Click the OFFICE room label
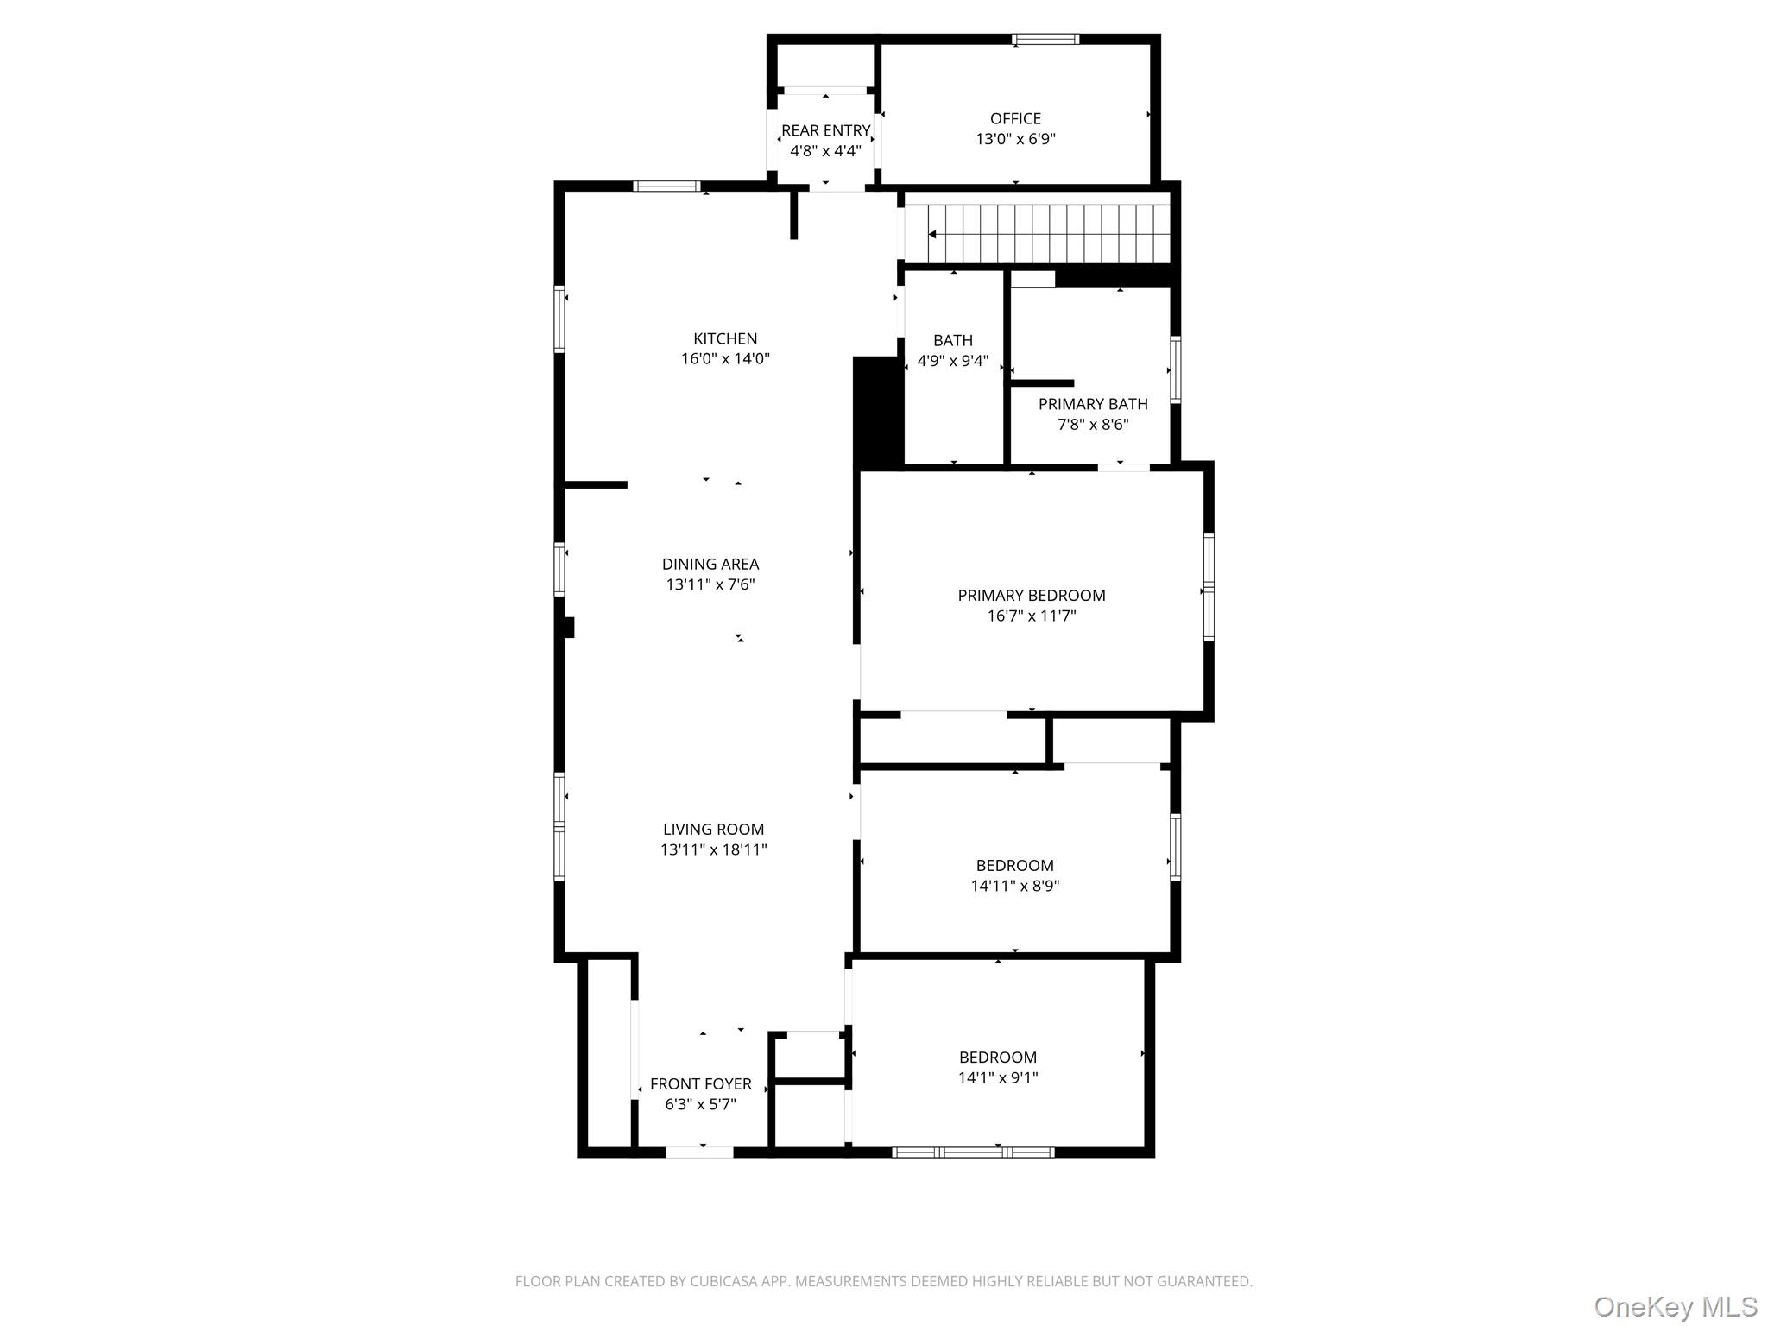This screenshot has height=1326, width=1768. click(1015, 119)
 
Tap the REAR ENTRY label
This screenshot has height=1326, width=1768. click(825, 131)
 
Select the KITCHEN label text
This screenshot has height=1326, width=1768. click(725, 339)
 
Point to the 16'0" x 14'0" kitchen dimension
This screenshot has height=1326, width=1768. click(725, 359)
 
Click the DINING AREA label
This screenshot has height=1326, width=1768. click(710, 565)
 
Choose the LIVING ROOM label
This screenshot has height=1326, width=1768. click(713, 830)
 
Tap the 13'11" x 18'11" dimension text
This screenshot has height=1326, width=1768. click(713, 850)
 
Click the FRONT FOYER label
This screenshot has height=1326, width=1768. click(700, 1084)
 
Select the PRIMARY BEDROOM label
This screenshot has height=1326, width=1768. click(1032, 596)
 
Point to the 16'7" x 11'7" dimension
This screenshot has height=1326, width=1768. click(1032, 616)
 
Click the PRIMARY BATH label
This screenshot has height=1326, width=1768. click(1093, 404)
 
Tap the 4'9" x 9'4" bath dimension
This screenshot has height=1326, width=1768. click(953, 361)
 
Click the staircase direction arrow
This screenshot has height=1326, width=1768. click(932, 234)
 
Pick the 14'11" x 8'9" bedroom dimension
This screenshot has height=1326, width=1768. click(1015, 886)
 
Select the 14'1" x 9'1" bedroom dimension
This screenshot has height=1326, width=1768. click(998, 1078)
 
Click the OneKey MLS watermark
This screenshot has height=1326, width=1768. click(1675, 1307)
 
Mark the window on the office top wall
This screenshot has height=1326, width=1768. click(1045, 39)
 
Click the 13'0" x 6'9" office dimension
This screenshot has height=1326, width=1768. click(1015, 140)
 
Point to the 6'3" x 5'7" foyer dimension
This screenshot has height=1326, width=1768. click(700, 1104)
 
